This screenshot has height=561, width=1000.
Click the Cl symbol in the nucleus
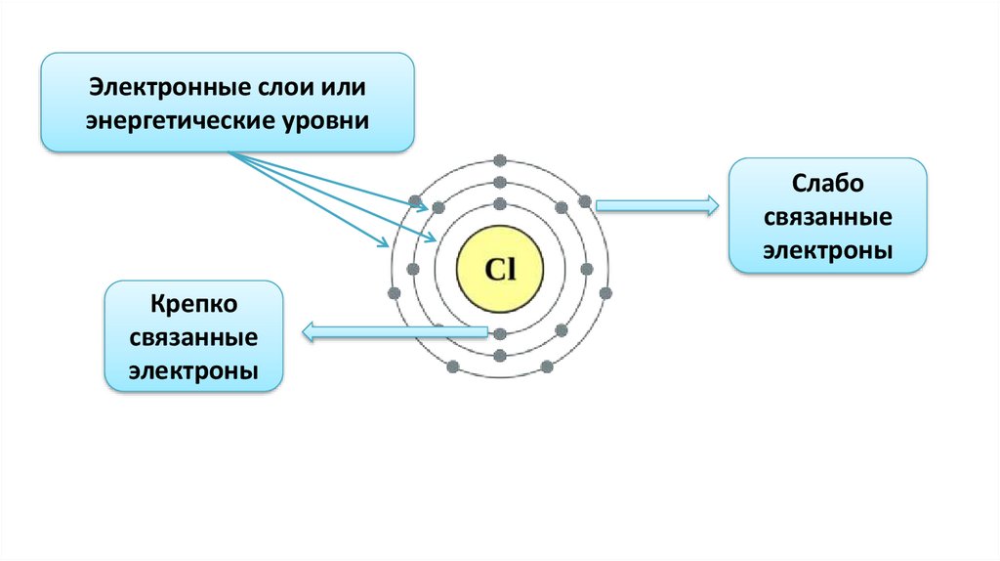coord(500,269)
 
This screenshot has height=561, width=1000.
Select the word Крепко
coord(194,304)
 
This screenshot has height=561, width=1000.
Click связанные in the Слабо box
coord(828,218)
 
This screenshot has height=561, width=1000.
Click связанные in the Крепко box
coord(194,338)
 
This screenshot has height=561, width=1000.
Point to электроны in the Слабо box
coord(828,250)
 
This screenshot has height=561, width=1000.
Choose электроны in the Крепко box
coord(194,371)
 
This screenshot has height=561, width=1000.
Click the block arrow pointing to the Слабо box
coord(656,205)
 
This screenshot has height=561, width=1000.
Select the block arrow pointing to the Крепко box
coord(395,333)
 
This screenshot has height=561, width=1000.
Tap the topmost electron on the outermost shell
coord(500,159)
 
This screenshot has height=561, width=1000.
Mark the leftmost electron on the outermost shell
coord(395,293)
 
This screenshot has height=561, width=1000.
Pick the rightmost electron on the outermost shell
coord(605,292)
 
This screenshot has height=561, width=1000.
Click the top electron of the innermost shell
coord(500,204)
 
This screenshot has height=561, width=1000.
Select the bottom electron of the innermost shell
coord(500,334)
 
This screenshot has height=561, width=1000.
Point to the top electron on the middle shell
coord(500,183)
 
